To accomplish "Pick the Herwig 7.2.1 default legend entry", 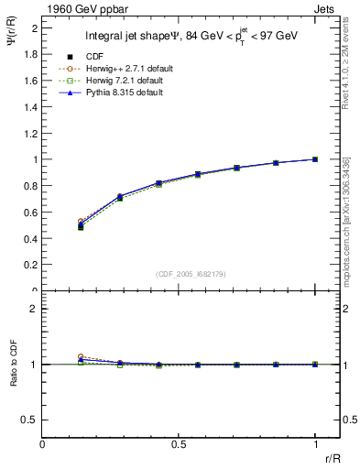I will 117,81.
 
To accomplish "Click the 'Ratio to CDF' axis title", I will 15,377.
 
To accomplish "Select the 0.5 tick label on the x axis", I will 179,445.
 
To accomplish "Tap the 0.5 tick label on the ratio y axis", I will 31,420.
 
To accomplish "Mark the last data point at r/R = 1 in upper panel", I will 315,159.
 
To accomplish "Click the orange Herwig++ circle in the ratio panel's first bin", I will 81,357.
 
